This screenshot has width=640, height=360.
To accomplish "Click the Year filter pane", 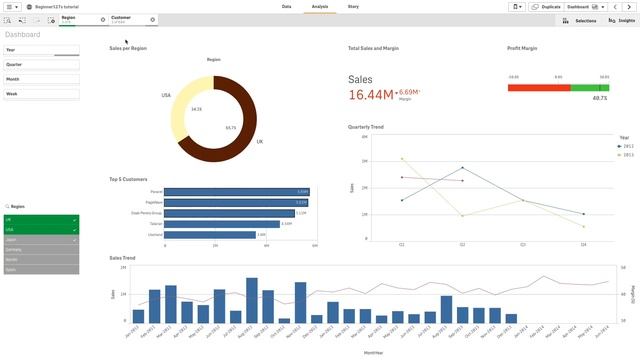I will pyautogui.click(x=41, y=49).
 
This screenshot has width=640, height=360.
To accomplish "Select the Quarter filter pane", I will pyautogui.click(x=41, y=64).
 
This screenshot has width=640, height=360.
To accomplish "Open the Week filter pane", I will pyautogui.click(x=41, y=94).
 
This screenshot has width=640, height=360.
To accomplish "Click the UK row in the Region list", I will pyautogui.click(x=41, y=219).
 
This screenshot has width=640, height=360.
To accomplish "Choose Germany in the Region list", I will pyautogui.click(x=41, y=249).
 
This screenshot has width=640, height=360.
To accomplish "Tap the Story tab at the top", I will pyautogui.click(x=353, y=6).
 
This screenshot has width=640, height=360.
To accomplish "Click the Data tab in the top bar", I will pyautogui.click(x=286, y=6).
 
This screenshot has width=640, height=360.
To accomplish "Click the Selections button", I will pyautogui.click(x=581, y=20).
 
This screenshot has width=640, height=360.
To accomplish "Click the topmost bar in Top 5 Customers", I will pyautogui.click(x=236, y=191).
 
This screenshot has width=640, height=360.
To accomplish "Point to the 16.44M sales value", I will pyautogui.click(x=371, y=95).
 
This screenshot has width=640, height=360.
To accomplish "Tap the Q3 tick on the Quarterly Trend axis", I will pyautogui.click(x=523, y=244).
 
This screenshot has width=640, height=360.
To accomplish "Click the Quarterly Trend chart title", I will pyautogui.click(x=366, y=127).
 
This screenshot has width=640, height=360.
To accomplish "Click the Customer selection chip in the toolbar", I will pyautogui.click(x=128, y=19).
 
